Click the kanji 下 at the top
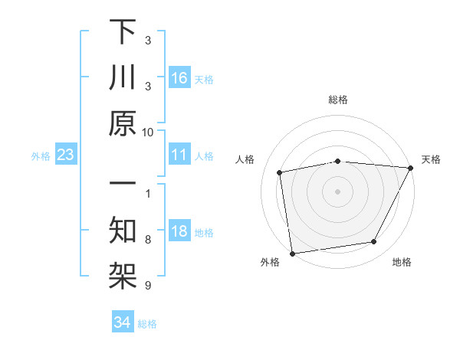click(123, 32)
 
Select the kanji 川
click(123, 79)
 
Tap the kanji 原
click(123, 125)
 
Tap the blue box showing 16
click(179, 78)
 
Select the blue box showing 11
click(179, 155)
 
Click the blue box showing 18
click(179, 232)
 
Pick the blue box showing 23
click(65, 155)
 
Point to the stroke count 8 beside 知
click(147, 240)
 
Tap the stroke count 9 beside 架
click(147, 286)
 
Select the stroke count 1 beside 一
click(147, 193)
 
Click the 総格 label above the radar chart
click(337, 100)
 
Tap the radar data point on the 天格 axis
click(410, 168)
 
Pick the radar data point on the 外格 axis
click(292, 254)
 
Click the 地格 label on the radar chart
click(402, 263)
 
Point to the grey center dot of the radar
click(337, 191)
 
